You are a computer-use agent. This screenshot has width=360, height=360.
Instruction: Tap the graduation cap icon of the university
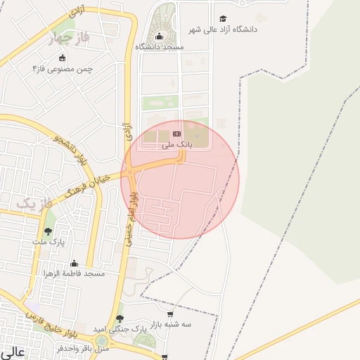tap(224, 19)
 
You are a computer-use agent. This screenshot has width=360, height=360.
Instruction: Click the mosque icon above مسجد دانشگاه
tap(159, 37)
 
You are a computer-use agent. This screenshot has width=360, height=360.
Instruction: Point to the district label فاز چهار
tap(67, 39)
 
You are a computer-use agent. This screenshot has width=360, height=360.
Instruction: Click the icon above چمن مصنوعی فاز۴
tap(63, 58)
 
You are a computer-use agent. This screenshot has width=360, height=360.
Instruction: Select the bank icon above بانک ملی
tap(176, 134)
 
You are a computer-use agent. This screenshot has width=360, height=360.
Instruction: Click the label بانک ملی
tap(176, 145)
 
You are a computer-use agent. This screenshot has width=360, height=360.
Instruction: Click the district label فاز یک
tap(34, 203)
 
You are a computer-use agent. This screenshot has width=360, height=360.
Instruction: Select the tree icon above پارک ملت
tap(48, 231)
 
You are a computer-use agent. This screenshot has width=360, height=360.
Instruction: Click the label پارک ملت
tap(48, 241)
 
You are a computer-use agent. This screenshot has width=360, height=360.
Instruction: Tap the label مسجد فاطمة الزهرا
tap(74, 273)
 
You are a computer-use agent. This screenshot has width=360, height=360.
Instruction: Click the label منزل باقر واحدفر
tap(84, 348)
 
